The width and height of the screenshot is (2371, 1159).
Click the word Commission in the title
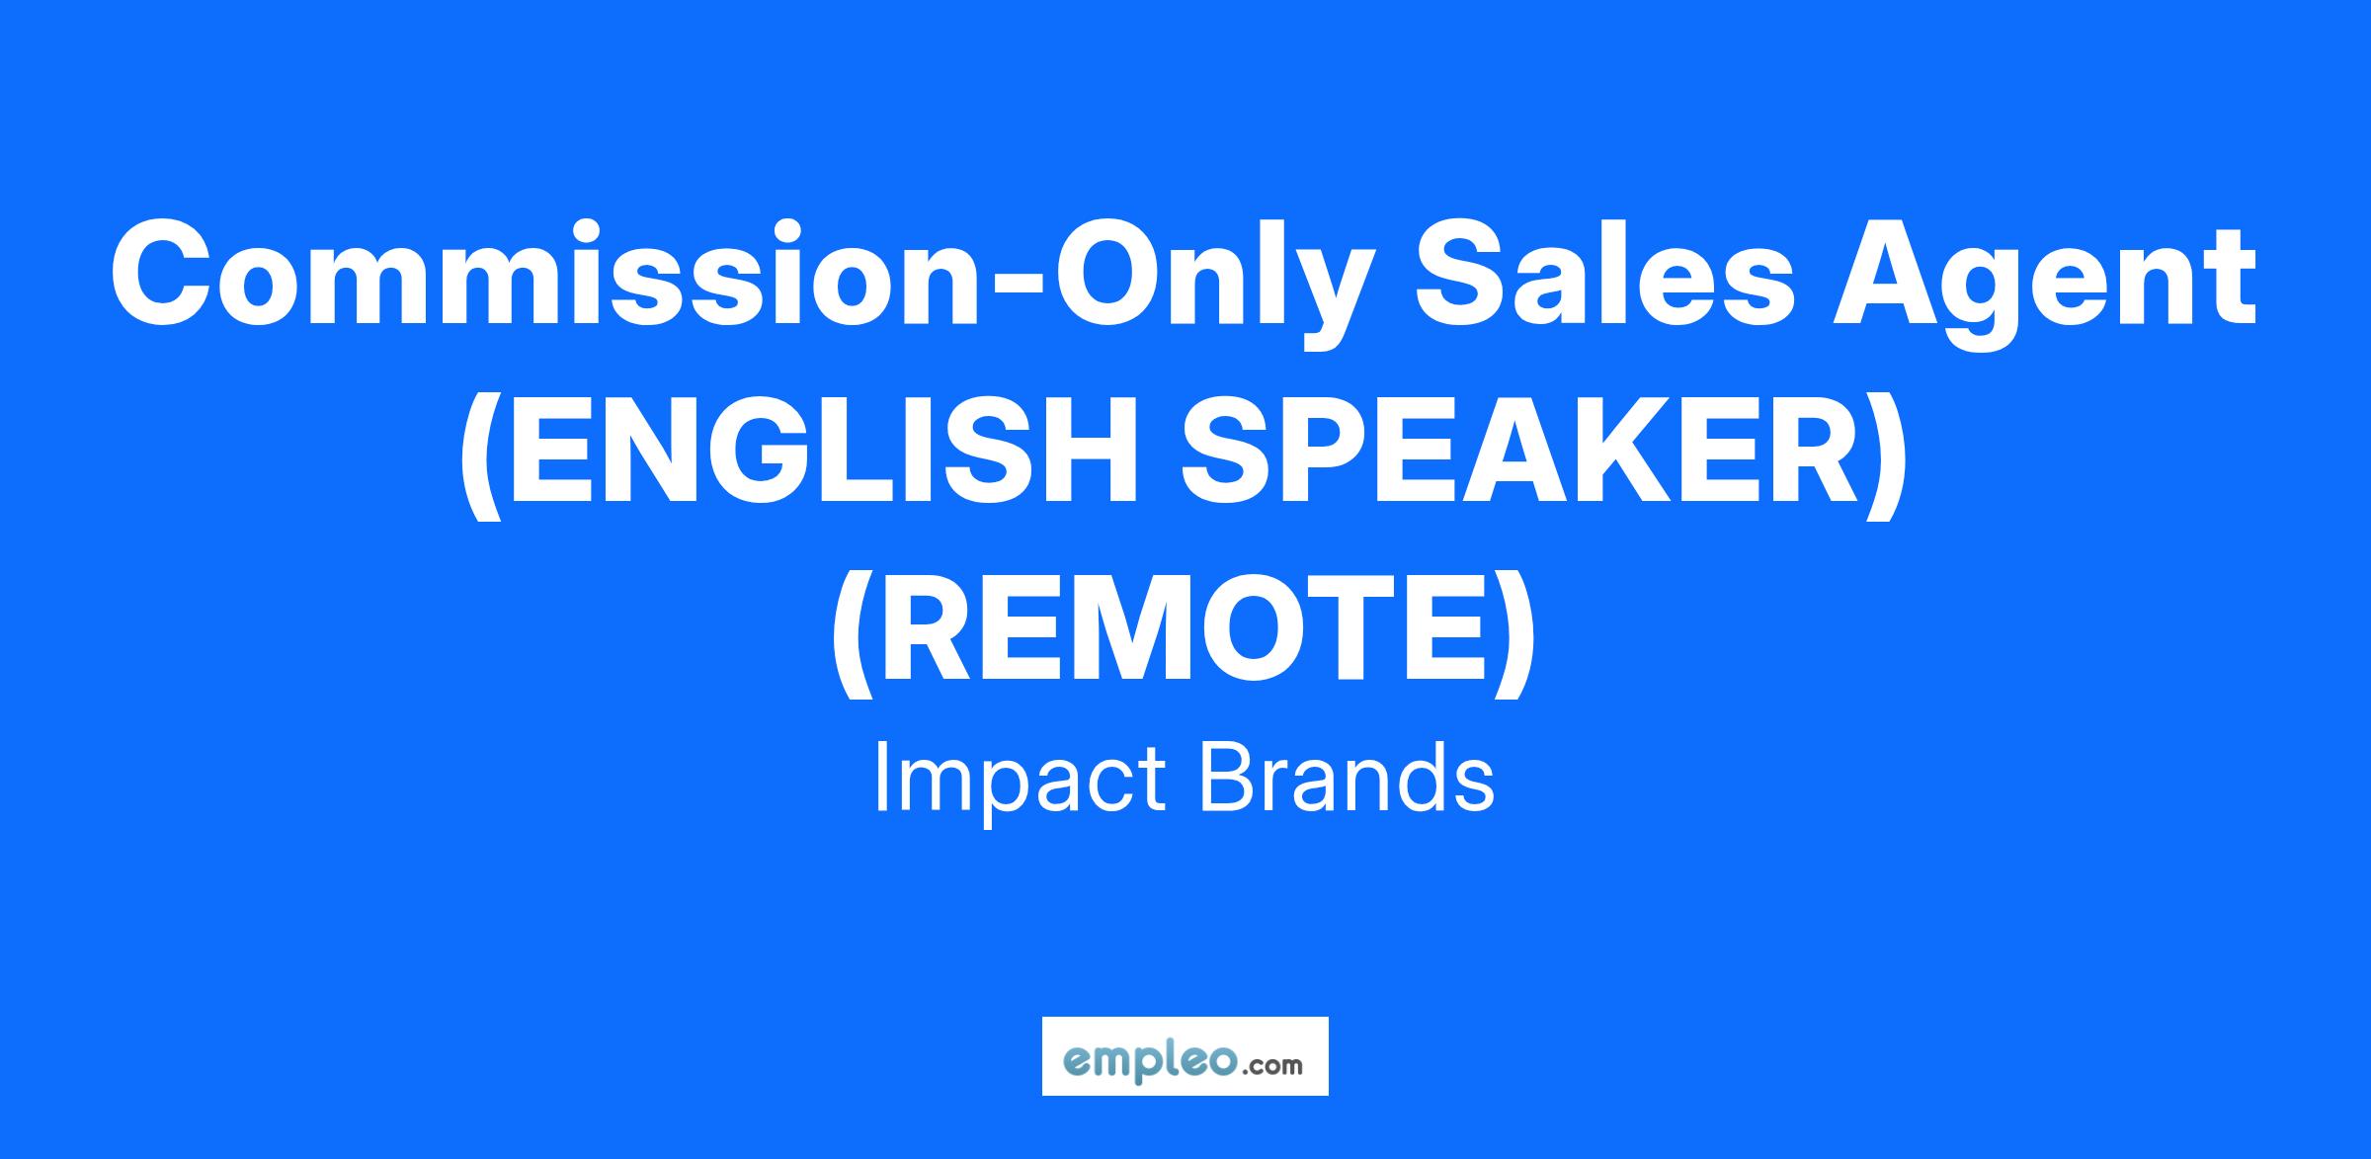point(544,274)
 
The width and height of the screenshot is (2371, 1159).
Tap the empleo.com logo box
point(1185,1056)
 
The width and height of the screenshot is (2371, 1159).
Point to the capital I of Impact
point(881,777)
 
